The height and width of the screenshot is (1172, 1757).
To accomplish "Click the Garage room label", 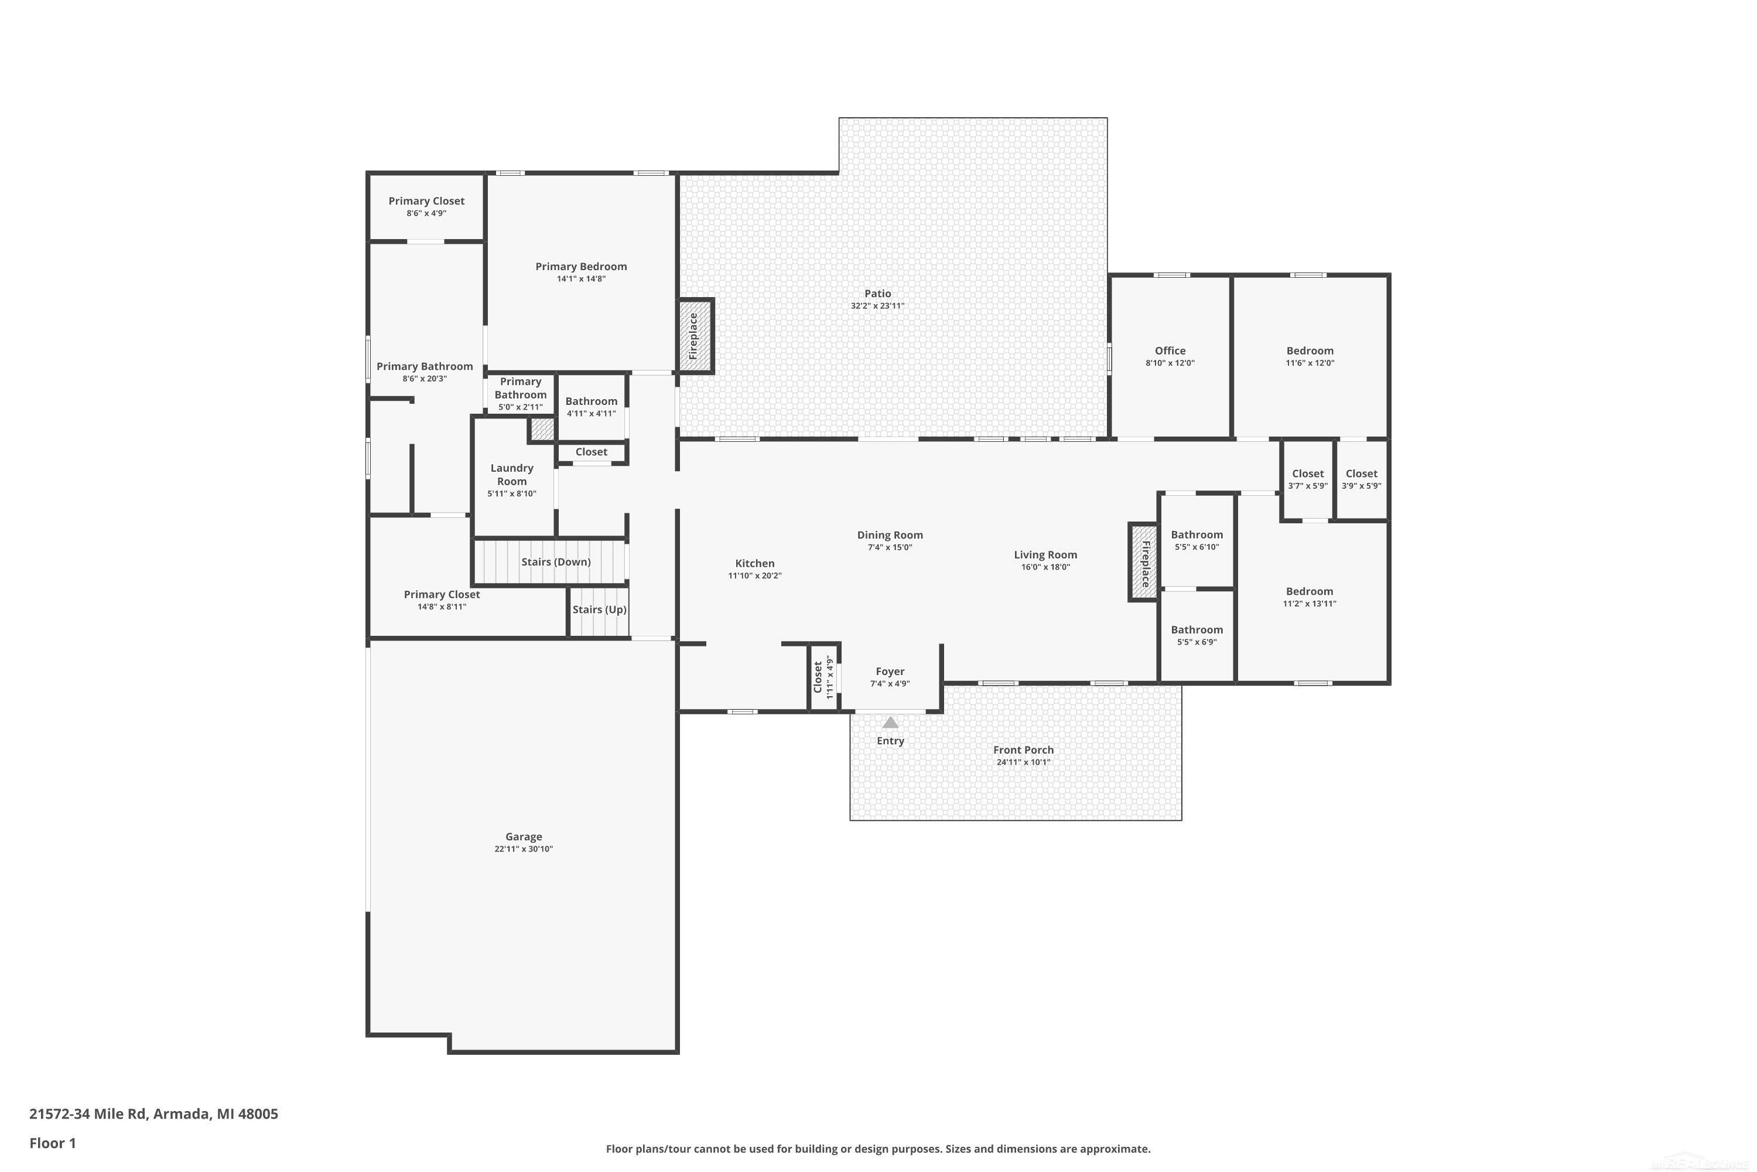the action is pos(523,836).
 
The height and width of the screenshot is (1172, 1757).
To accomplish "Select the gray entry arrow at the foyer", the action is pos(890,722).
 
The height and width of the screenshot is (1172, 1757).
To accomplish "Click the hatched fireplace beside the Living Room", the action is pos(1144,562).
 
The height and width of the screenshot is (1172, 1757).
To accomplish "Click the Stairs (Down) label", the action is pos(556,562).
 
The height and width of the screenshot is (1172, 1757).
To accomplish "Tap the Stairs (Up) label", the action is pos(599,609).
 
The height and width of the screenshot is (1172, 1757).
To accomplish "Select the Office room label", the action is pos(1170,350).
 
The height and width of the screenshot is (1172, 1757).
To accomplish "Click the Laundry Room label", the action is pos(512,475).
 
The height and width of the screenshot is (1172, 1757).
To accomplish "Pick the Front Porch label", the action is pos(1023,749).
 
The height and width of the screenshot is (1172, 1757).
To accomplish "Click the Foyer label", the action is pos(890,671).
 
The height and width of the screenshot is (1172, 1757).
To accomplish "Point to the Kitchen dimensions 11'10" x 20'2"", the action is pos(754,575).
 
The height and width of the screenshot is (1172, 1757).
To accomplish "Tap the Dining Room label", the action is pos(890,534).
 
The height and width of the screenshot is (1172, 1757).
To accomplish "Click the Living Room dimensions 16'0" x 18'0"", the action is pos(1045,567).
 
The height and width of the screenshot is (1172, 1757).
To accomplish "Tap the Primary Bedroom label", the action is pos(580,266).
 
